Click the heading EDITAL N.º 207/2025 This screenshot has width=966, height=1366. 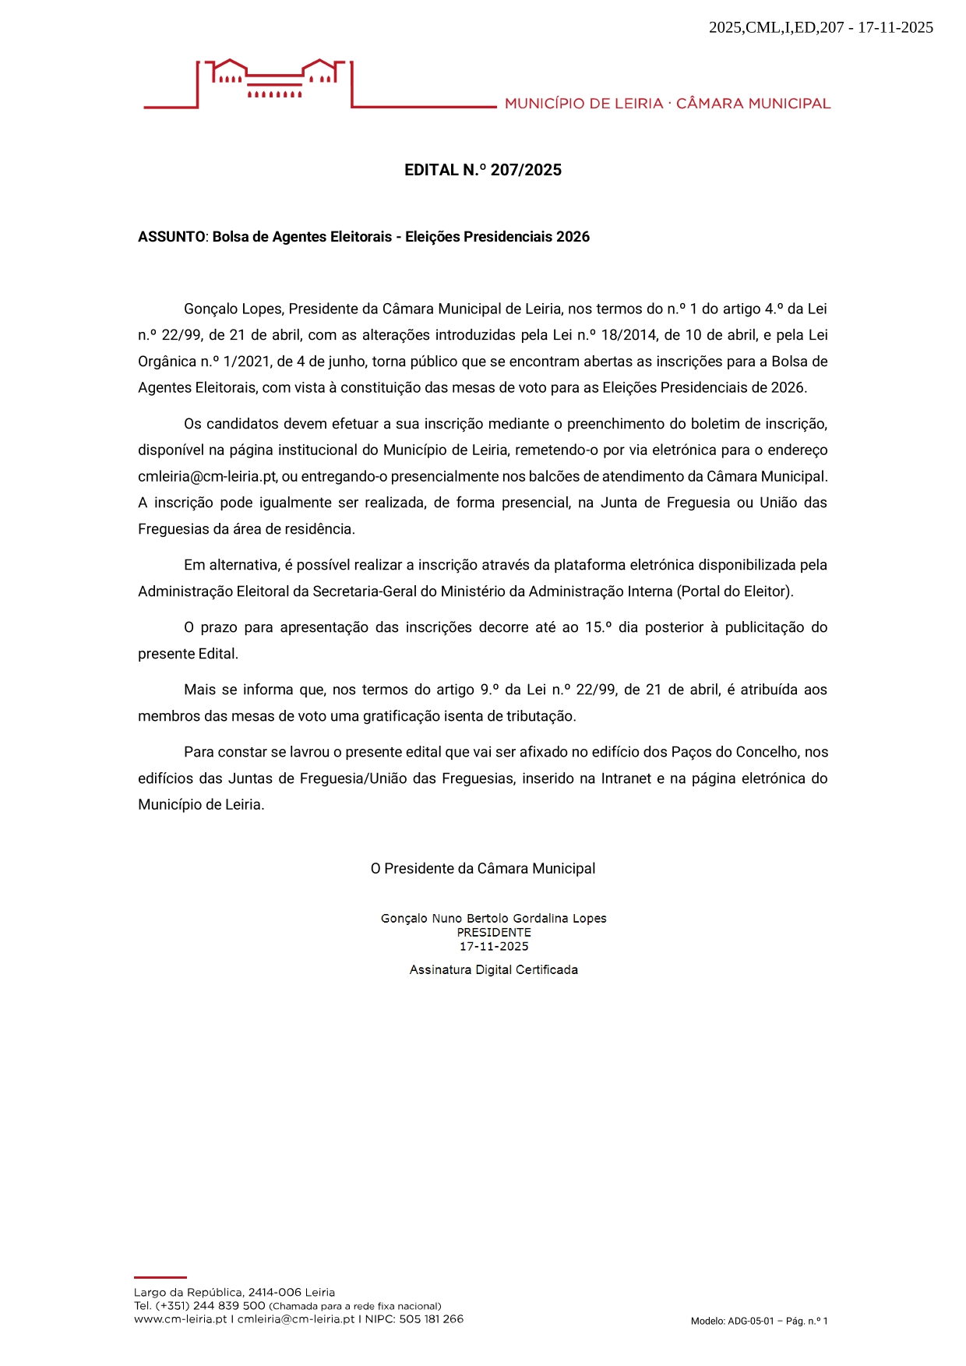pyautogui.click(x=482, y=170)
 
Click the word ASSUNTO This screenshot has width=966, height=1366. pyautogui.click(x=171, y=237)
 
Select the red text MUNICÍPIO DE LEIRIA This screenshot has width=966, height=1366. pyautogui.click(x=583, y=104)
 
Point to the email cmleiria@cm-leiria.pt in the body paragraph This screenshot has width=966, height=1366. pyautogui.click(x=207, y=476)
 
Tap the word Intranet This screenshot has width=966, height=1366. pyautogui.click(x=626, y=778)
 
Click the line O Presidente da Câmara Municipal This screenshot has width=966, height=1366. pyautogui.click(x=482, y=869)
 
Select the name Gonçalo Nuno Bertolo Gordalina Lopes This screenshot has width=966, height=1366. pyautogui.click(x=493, y=919)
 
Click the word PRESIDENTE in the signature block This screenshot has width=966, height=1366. pyautogui.click(x=494, y=933)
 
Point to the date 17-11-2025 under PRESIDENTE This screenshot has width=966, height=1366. pyautogui.click(x=494, y=947)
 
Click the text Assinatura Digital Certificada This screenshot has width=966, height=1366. pyautogui.click(x=493, y=970)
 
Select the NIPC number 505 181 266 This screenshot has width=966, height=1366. pyautogui.click(x=431, y=1319)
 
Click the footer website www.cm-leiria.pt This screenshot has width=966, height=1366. pyautogui.click(x=180, y=1319)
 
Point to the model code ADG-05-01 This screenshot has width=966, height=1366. pyautogui.click(x=751, y=1321)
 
